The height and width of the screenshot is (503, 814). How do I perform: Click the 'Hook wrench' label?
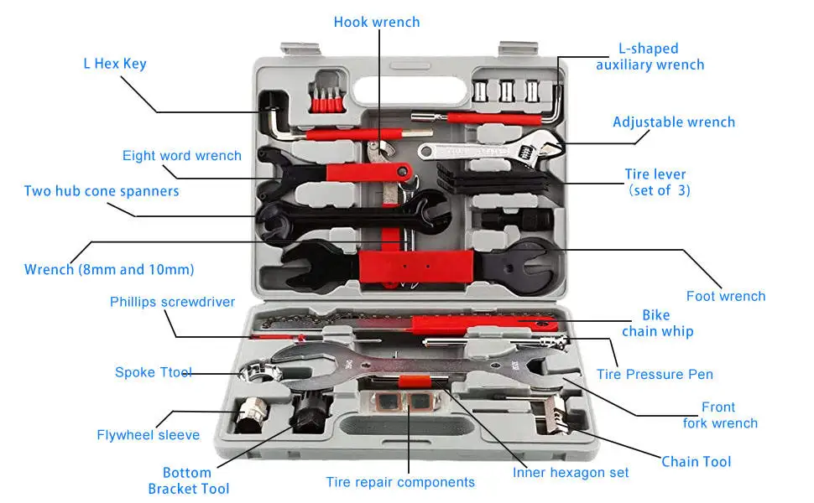(x=377, y=23)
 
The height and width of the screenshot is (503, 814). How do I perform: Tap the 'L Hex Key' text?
(x=115, y=64)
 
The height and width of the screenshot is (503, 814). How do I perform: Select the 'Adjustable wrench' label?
(x=674, y=122)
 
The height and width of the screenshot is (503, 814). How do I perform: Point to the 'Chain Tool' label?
(x=696, y=462)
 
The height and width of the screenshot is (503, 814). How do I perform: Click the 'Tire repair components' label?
(x=400, y=482)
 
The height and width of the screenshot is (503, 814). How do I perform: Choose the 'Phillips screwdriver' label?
(x=172, y=302)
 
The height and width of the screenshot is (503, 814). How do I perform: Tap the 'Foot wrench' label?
(x=726, y=296)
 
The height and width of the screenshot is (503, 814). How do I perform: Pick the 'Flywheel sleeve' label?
(x=148, y=434)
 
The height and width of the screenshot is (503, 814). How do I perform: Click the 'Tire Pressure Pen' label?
(x=655, y=374)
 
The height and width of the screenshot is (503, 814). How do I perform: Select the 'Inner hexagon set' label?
(x=571, y=473)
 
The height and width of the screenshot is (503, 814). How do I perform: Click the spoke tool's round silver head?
(x=258, y=371)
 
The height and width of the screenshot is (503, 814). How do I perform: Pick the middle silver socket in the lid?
(x=507, y=91)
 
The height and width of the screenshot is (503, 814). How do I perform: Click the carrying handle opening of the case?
(x=409, y=91)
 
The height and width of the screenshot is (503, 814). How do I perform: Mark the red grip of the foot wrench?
(x=416, y=267)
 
